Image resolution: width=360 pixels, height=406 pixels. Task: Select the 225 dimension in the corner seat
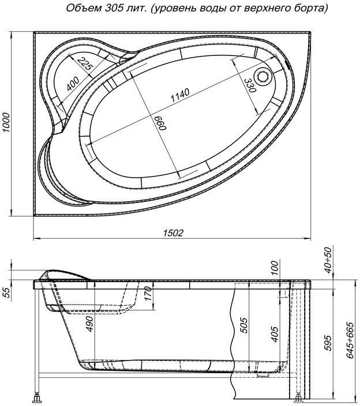click(87, 65)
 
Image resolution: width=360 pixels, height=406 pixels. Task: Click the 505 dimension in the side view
click(243, 326)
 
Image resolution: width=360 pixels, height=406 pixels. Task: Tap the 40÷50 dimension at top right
click(327, 261)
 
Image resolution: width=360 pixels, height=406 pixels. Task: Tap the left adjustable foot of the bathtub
click(39, 397)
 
